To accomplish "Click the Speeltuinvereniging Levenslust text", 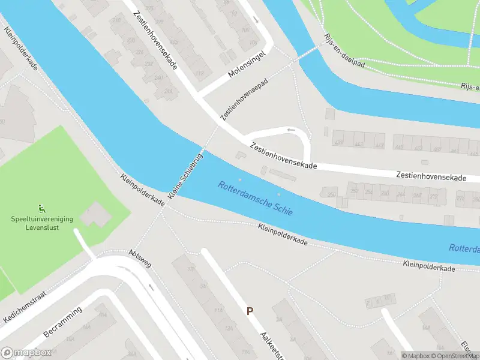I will pyautogui.click(x=42, y=223).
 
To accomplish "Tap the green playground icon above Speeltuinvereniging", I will pyautogui.click(x=41, y=208).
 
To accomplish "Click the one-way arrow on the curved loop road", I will pyautogui.click(x=291, y=130).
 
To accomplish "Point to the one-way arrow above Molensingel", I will pyautogui.click(x=256, y=19).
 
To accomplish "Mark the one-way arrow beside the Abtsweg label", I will pyautogui.click(x=151, y=286).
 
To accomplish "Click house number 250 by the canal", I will pyautogui.click(x=331, y=194).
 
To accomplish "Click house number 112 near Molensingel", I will pyautogui.click(x=200, y=74).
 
